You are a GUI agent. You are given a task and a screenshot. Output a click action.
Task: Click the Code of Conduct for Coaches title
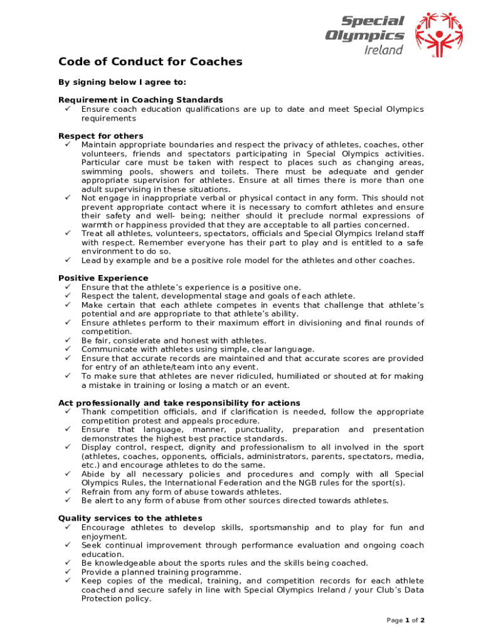[x=150, y=62]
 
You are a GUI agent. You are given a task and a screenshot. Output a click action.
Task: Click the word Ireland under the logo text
[x=383, y=50]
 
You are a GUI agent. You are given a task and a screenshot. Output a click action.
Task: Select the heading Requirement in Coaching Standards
[x=141, y=100]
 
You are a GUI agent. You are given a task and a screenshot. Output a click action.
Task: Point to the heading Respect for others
[x=100, y=136]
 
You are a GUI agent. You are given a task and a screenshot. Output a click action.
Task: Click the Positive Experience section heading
[x=103, y=278]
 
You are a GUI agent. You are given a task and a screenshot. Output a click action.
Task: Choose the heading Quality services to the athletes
[x=130, y=518]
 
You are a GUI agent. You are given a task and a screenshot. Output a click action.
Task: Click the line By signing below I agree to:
[x=122, y=82]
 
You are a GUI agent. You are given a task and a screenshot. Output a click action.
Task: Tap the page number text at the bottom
[x=406, y=620]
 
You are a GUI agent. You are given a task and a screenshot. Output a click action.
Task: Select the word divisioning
[x=314, y=323]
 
